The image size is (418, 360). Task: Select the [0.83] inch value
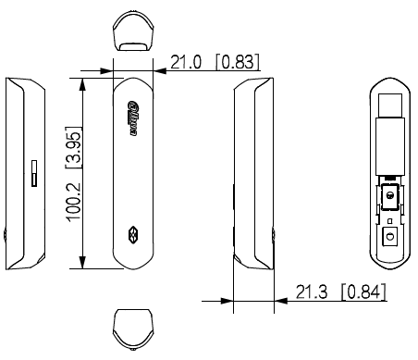click(x=237, y=62)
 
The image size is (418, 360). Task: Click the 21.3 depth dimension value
click(x=313, y=293)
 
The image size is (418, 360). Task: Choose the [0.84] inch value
click(x=363, y=293)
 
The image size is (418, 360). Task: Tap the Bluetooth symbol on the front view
click(x=130, y=232)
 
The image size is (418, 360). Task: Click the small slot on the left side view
click(x=31, y=173)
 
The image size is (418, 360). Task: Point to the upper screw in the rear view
click(x=388, y=197)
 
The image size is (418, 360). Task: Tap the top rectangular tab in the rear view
click(x=388, y=107)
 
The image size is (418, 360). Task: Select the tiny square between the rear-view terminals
click(x=388, y=219)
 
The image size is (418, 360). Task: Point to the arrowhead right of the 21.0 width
click(x=154, y=69)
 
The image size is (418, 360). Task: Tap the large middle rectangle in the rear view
click(x=388, y=146)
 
